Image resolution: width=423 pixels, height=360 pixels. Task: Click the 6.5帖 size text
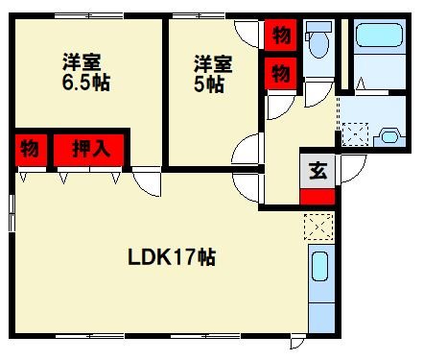tap(85, 83)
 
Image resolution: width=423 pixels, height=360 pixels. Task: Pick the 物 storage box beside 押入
tap(30, 150)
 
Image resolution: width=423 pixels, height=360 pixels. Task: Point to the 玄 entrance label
tap(317, 173)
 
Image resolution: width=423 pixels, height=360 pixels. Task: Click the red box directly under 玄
tap(317, 197)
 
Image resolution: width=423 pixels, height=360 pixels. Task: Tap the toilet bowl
tap(318, 43)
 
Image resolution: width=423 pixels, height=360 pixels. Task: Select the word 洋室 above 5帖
tap(213, 64)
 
